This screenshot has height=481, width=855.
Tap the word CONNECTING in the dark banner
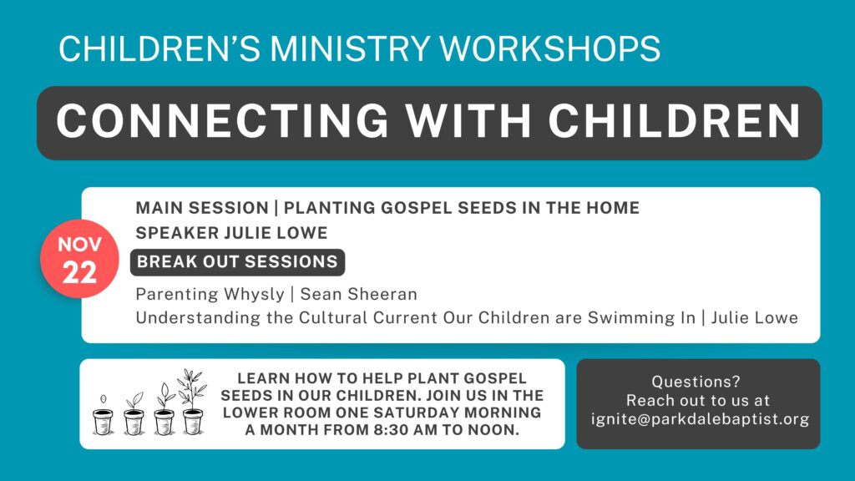222,121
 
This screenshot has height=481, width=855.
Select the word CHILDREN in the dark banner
675,121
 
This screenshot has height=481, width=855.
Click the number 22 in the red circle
79,272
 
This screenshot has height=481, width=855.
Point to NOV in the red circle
79,245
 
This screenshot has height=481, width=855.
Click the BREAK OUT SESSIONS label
238,261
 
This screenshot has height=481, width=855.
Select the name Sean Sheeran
359,294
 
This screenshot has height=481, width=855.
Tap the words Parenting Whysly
210,295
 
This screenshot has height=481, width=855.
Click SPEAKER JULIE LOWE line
232,233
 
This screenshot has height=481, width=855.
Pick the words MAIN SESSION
202,208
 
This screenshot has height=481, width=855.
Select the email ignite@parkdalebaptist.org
701,419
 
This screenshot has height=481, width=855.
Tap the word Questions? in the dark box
696,381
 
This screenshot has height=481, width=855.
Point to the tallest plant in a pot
193,402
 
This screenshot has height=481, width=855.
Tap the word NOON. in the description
493,430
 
